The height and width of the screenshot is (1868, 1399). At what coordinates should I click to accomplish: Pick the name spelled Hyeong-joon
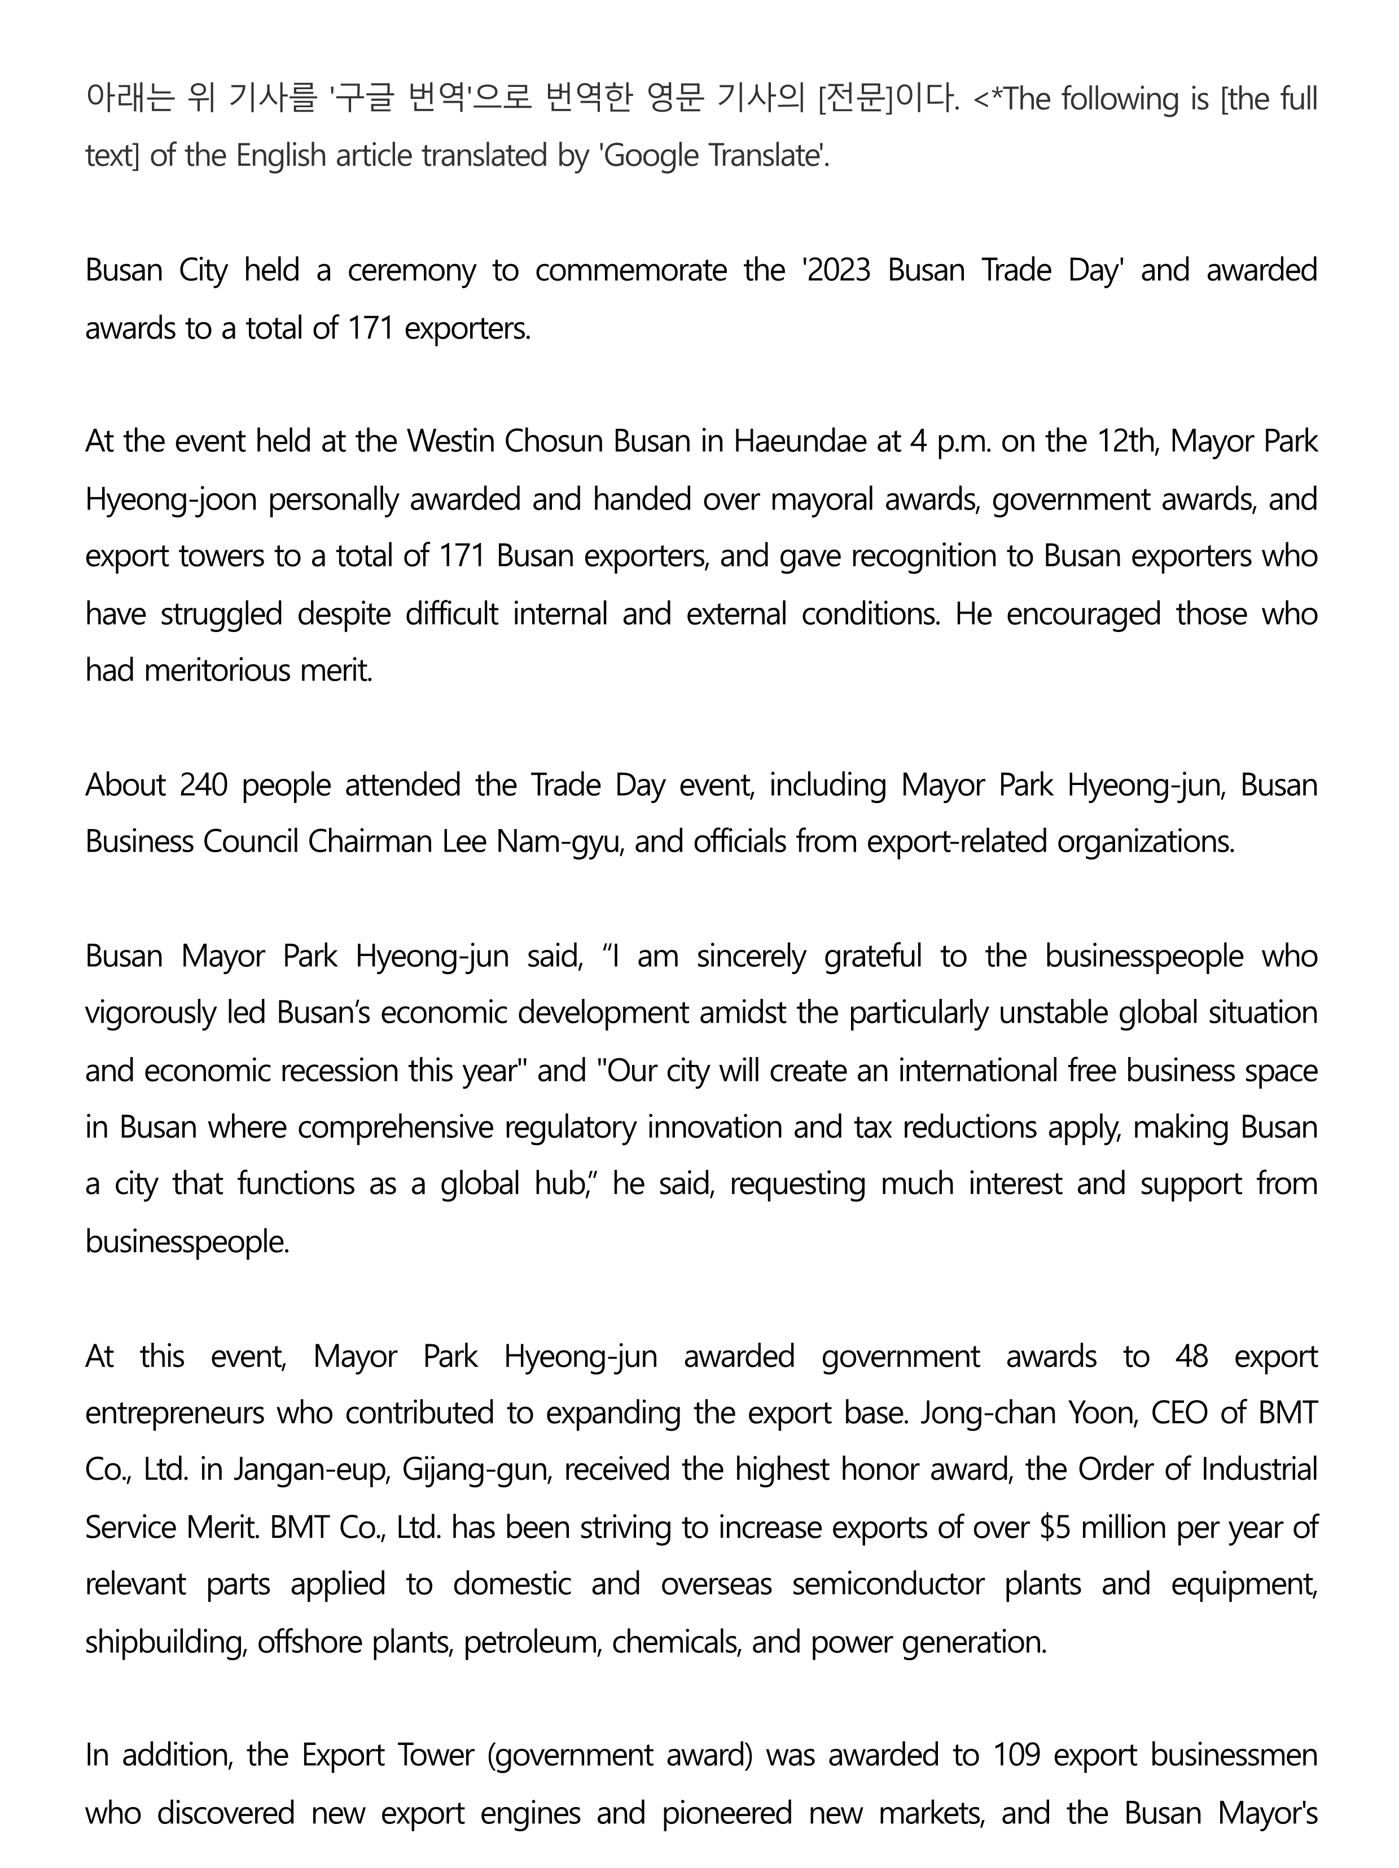170,500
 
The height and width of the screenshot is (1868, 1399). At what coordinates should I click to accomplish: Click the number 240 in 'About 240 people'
204,786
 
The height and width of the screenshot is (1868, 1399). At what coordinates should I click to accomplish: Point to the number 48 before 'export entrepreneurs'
1191,1356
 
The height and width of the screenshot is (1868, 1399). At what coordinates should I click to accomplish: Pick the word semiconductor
887,1584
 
